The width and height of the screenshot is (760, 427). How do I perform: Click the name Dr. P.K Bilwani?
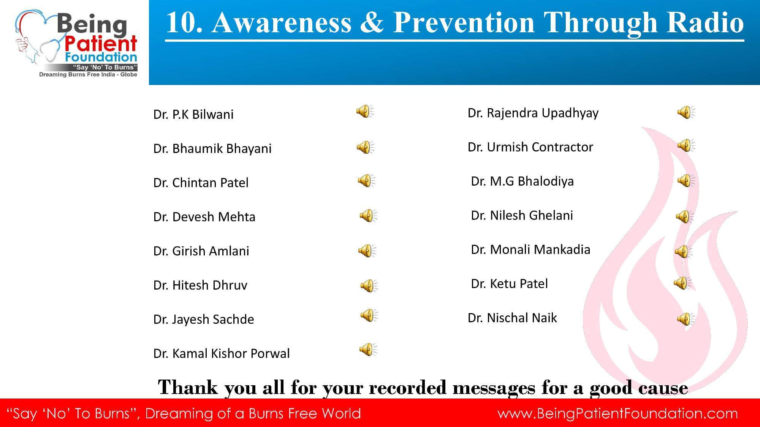click(193, 114)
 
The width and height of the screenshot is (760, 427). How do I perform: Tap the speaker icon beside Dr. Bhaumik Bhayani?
click(366, 147)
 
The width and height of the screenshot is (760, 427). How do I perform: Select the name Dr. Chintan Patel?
click(201, 183)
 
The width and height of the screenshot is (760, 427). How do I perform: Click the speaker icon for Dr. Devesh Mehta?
click(368, 216)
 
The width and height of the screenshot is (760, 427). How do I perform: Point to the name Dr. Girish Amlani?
click(201, 251)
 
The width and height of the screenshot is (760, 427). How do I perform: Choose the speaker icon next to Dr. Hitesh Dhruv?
click(369, 285)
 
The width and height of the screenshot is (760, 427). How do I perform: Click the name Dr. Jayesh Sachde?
click(204, 319)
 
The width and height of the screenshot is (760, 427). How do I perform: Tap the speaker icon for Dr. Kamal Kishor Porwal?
click(368, 350)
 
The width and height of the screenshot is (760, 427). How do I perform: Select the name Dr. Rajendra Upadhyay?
click(533, 113)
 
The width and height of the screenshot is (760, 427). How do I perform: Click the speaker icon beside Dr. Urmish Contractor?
click(686, 145)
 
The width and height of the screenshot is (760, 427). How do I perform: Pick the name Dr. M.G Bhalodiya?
click(522, 181)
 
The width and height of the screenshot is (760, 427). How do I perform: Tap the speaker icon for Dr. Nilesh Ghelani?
click(685, 217)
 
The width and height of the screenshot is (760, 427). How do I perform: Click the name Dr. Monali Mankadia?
click(530, 249)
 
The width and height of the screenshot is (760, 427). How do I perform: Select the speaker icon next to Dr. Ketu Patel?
click(682, 283)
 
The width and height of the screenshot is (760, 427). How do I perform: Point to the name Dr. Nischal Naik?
click(512, 318)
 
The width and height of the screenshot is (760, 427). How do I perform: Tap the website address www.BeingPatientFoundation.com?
click(618, 413)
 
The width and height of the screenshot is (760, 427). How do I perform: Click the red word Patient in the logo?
click(101, 44)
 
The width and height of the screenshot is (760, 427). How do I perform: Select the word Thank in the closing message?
click(188, 388)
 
